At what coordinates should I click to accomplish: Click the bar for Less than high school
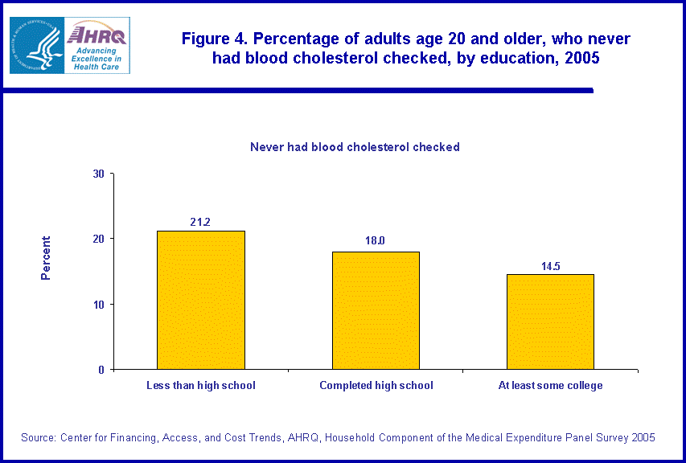(201, 300)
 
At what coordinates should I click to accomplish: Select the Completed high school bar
(376, 310)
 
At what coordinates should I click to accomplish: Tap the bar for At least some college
(550, 322)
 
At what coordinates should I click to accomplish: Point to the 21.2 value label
(200, 221)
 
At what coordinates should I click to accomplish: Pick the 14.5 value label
(550, 264)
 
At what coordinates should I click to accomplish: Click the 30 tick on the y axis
(98, 174)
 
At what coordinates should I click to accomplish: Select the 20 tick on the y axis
(98, 239)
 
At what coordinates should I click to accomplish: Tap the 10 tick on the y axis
(98, 305)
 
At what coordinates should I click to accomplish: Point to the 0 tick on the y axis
(102, 370)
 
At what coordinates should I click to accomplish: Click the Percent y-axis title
(46, 257)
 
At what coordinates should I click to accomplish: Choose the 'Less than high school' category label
(201, 386)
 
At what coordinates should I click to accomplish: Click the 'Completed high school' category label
(376, 386)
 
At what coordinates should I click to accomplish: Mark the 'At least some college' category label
(550, 386)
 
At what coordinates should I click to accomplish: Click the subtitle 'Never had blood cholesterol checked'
(355, 147)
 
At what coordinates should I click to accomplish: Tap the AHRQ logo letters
(97, 34)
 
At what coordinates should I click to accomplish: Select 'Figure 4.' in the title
(214, 39)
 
